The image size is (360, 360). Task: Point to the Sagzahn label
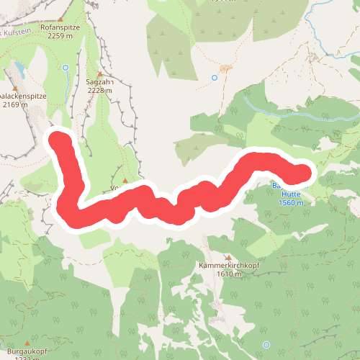point(101,82)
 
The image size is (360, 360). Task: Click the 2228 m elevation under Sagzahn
point(101,91)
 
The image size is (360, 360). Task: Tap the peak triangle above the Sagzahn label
point(100,74)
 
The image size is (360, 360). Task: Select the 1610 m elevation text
point(228,274)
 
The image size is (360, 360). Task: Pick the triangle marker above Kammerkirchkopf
point(229,257)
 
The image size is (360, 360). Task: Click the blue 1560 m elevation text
point(292,203)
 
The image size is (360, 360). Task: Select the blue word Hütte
point(291,194)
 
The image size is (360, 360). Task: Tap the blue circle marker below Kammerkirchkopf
point(266,345)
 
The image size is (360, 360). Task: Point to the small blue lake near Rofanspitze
point(19,70)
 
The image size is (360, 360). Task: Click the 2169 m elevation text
point(14,104)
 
